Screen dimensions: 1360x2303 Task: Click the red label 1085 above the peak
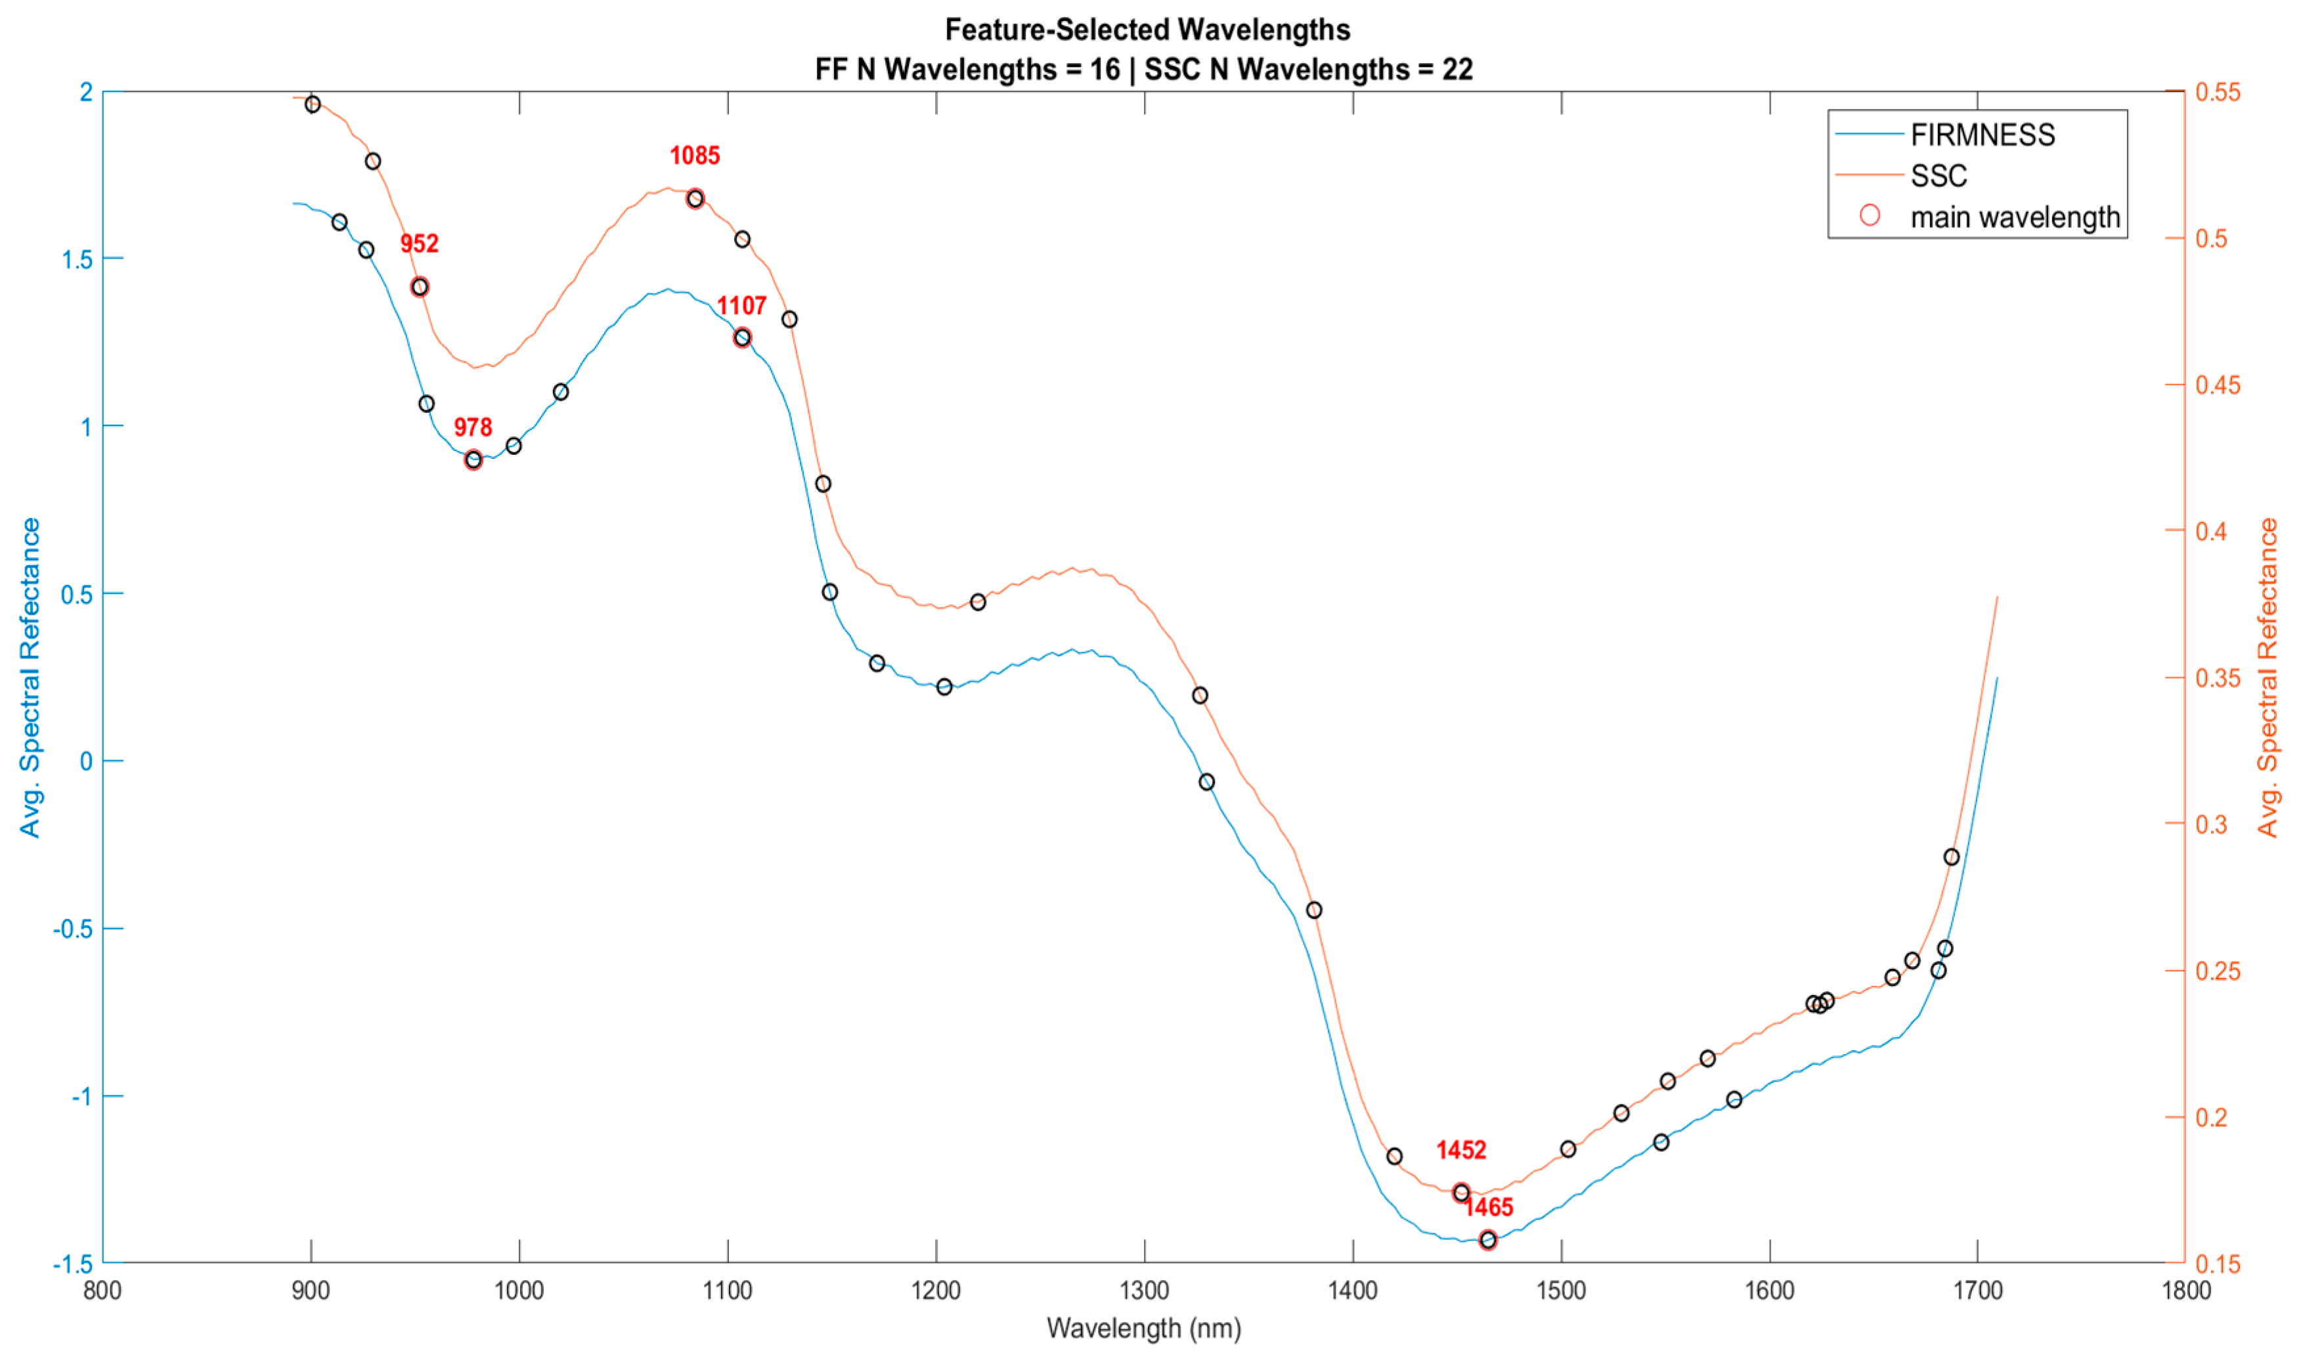(694, 156)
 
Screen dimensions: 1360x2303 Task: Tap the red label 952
(419, 244)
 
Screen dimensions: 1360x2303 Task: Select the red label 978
(472, 427)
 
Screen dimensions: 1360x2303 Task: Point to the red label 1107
(741, 306)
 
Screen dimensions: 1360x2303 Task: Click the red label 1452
(1460, 1150)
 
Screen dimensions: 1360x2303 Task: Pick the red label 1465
(1488, 1208)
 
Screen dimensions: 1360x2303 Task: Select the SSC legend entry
(1938, 176)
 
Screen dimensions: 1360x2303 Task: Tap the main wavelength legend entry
(2014, 217)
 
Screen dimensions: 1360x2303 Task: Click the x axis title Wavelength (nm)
(1143, 1328)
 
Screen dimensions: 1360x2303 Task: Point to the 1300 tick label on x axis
(1144, 1290)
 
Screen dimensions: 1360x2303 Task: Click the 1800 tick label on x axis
(2185, 1290)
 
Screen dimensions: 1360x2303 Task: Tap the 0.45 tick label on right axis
(2218, 385)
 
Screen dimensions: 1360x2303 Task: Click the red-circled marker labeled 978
(473, 460)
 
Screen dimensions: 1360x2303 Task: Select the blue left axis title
(30, 677)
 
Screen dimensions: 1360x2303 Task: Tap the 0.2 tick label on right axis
(2210, 1117)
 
